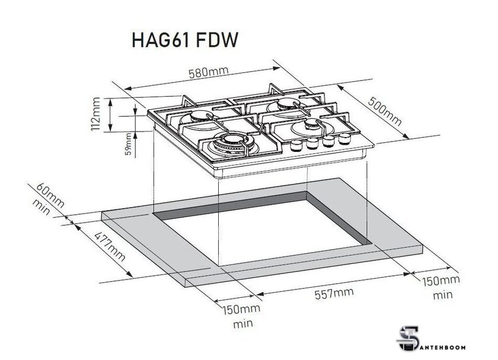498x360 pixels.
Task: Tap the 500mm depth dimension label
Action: click(x=384, y=113)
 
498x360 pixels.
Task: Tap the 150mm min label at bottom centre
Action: click(x=242, y=316)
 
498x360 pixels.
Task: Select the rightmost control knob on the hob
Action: click(x=343, y=139)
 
